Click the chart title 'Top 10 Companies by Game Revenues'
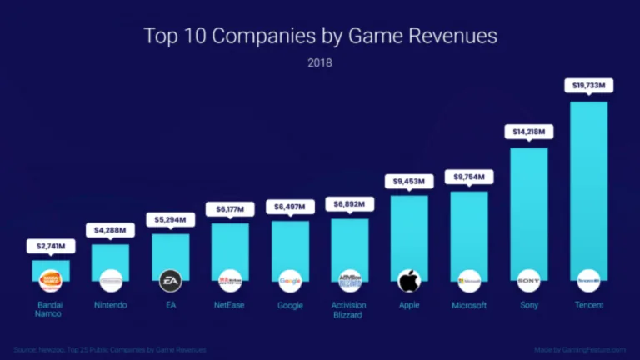(x=320, y=36)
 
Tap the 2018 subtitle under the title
(x=320, y=62)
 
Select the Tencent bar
(x=588, y=183)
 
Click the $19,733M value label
(x=588, y=85)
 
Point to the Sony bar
(x=528, y=208)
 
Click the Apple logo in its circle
(x=409, y=280)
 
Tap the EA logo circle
(x=170, y=280)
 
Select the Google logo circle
(x=290, y=280)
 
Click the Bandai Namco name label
(x=51, y=310)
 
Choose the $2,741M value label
(x=51, y=246)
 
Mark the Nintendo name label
(x=110, y=305)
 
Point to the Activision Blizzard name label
(x=349, y=310)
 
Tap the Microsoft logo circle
(x=469, y=280)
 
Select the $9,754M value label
(x=469, y=177)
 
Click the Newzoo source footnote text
(x=109, y=349)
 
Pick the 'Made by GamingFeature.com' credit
(x=580, y=349)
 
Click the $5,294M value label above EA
(x=170, y=219)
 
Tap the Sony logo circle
(x=528, y=280)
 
